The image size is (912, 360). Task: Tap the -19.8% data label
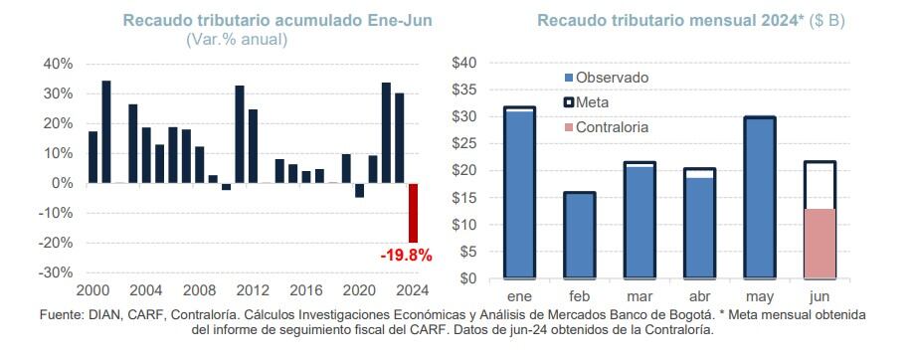click(x=406, y=256)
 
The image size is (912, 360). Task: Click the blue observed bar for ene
click(x=519, y=194)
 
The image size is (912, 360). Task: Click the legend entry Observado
click(x=613, y=77)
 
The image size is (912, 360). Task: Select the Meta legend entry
click(x=595, y=102)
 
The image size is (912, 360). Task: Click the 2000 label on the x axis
click(x=91, y=290)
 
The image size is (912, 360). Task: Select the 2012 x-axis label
click(x=253, y=290)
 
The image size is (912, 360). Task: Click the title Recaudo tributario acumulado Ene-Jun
click(x=235, y=20)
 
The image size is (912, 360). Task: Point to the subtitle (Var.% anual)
click(x=237, y=40)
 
